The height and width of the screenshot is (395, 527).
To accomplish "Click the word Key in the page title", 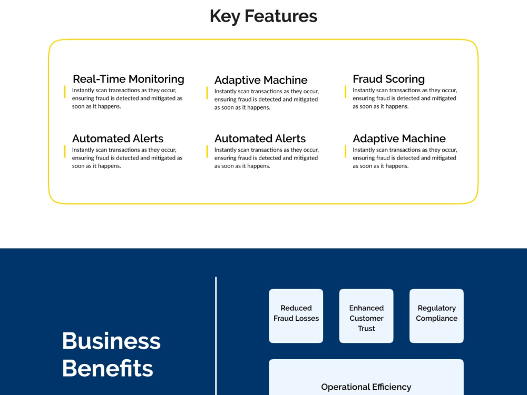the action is point(224,16).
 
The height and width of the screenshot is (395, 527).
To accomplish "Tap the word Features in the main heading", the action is point(281,16).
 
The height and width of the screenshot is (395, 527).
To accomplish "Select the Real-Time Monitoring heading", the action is point(129,79).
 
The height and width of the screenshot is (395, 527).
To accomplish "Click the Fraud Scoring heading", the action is point(388,79).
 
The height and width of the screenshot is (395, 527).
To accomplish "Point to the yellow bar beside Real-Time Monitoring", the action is point(64,92).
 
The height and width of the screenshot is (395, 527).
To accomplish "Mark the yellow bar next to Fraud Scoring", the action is point(345,92).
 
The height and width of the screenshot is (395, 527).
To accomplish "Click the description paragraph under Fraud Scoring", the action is point(405,98).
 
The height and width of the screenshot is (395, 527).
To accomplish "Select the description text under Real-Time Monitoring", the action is point(127,98).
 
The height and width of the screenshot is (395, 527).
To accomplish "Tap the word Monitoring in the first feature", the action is point(157,79).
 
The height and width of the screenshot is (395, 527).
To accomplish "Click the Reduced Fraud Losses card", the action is point(296,315).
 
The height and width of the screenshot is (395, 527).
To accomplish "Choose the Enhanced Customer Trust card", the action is point(366,315).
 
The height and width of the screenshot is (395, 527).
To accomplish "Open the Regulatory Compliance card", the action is point(436,315).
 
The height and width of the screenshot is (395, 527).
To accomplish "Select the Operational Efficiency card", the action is point(366,377).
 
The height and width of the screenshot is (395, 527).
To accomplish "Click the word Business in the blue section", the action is point(111,341).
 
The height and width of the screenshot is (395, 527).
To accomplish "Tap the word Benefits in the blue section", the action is point(108,369).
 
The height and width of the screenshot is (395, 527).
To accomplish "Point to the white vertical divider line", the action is point(216,336).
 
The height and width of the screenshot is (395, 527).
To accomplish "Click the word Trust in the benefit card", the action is point(366,329).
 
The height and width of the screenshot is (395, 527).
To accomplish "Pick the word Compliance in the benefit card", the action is point(436,319).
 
